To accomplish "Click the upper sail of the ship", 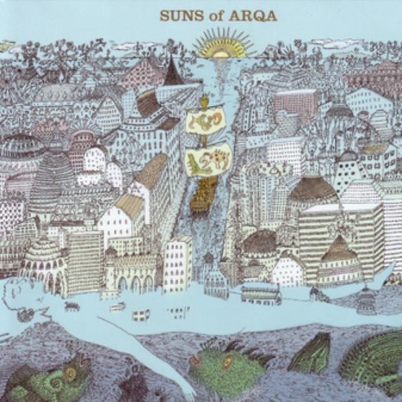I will click(x=206, y=121).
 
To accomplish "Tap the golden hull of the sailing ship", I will click(x=204, y=195).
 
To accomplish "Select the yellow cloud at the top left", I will click(x=6, y=46).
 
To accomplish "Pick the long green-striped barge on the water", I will click(x=261, y=293).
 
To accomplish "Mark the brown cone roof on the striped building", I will click(x=340, y=249).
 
